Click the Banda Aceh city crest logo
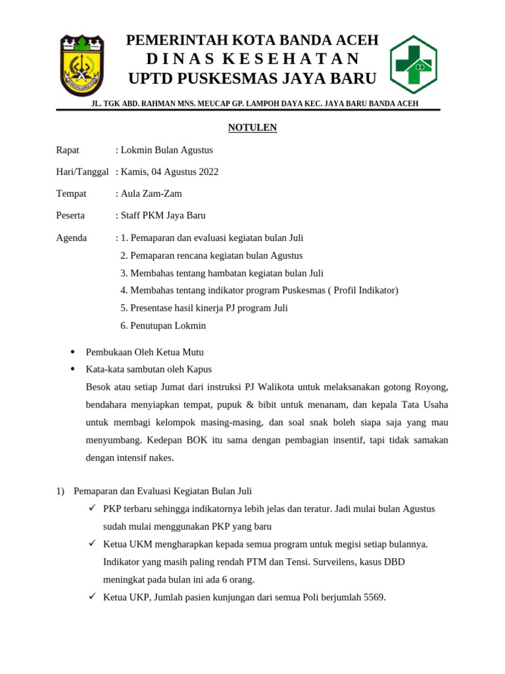(x=82, y=65)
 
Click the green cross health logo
(x=414, y=65)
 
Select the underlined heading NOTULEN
(x=252, y=128)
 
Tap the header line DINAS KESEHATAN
(x=252, y=59)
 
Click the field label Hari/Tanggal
(x=82, y=172)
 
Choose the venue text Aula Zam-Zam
(x=151, y=194)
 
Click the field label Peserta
(x=70, y=215)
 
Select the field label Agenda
(x=72, y=238)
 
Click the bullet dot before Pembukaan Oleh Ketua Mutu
(x=72, y=352)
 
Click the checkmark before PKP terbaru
(x=92, y=509)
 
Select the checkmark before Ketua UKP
(x=92, y=597)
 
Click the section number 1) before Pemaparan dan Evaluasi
(x=60, y=491)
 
